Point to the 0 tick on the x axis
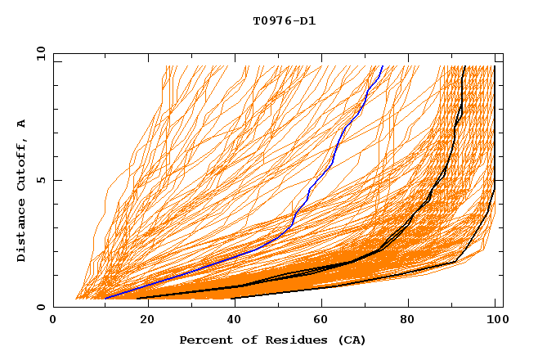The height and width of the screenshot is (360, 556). (x=54, y=322)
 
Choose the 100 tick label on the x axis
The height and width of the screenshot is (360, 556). (x=495, y=322)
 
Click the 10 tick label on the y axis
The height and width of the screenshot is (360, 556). (x=40, y=53)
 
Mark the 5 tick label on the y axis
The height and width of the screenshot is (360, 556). (x=43, y=180)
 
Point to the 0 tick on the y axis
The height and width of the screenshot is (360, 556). (x=43, y=307)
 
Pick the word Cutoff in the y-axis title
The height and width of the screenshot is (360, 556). (x=21, y=164)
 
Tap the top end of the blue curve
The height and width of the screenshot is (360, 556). (x=382, y=66)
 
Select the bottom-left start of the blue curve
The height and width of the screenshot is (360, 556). (x=105, y=299)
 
